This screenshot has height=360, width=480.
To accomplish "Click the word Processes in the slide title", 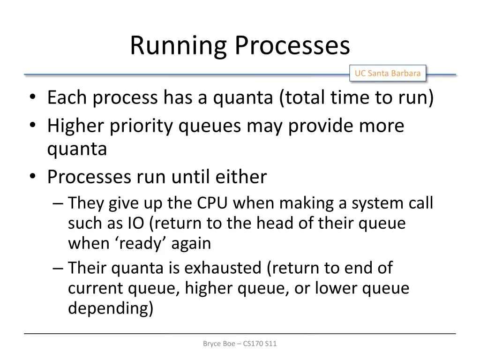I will tap(292, 46).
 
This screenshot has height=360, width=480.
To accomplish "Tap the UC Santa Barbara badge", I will tap(387, 73).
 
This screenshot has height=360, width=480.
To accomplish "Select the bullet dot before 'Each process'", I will tap(32, 98).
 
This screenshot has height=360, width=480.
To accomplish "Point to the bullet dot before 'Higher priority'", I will tap(32, 126).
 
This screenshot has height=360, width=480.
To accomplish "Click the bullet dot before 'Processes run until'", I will tap(32, 177).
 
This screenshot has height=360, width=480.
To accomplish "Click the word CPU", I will tap(213, 203).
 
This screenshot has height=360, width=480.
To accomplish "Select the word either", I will tap(240, 177).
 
